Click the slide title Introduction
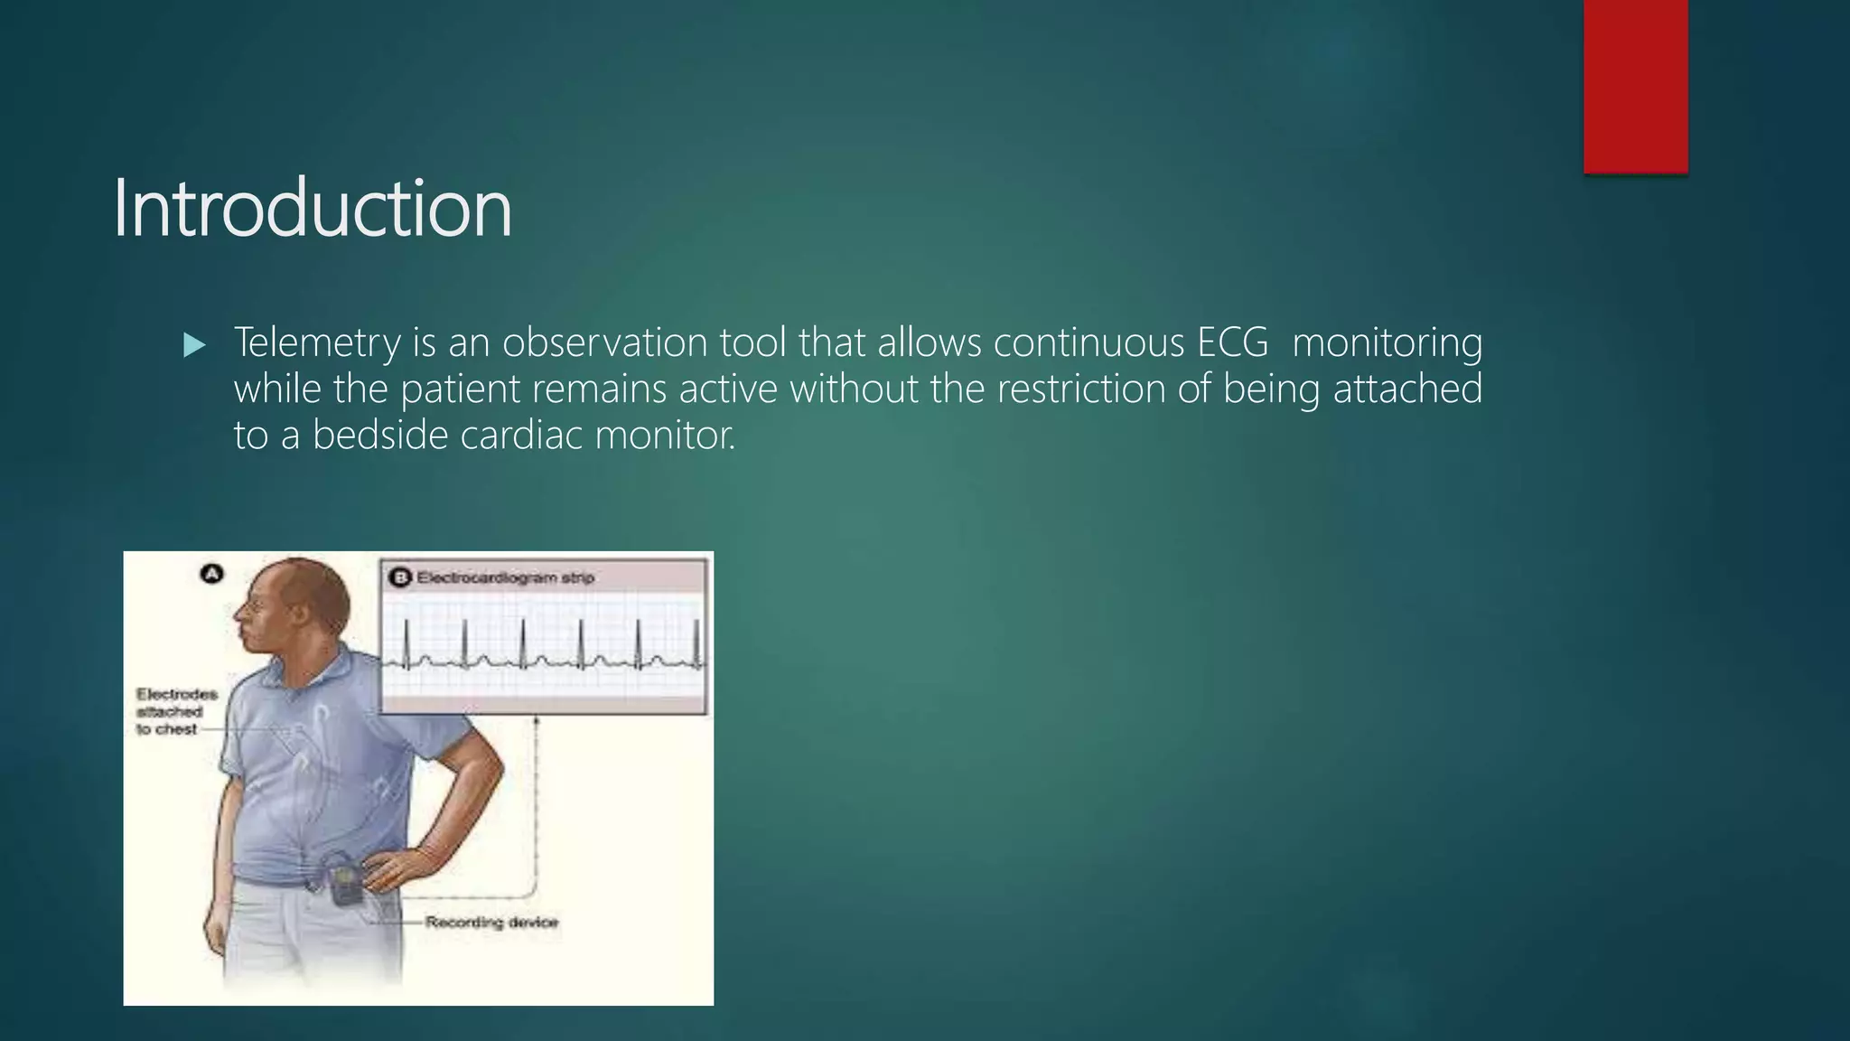(312, 209)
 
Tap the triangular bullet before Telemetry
(194, 345)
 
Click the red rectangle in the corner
(1635, 86)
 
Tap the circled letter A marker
(211, 574)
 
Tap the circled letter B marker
(400, 577)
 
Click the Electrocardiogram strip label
(505, 577)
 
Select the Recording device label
(491, 923)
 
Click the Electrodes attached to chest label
(176, 711)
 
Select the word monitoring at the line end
(1387, 343)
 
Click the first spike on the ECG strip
(406, 641)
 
